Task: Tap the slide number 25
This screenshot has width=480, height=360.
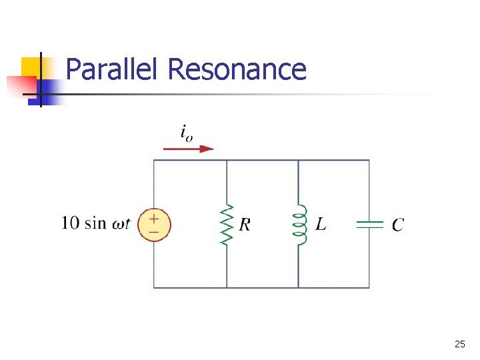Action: point(459,345)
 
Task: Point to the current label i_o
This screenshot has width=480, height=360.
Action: point(187,132)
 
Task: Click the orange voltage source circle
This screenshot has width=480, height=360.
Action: point(154,225)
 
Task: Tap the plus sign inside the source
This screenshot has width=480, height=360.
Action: point(154,218)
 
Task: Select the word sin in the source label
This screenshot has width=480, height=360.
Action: point(95,223)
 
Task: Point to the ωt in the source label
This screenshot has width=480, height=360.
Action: point(120,223)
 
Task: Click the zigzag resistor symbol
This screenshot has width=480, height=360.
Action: point(227,225)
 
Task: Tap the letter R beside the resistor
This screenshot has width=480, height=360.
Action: point(245,225)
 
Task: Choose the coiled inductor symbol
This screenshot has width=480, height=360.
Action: point(299,225)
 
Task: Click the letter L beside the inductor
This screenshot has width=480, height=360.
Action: point(321,225)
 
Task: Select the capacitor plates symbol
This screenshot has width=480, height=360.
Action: point(369,225)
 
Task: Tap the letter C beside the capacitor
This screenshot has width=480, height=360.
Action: point(397,225)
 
